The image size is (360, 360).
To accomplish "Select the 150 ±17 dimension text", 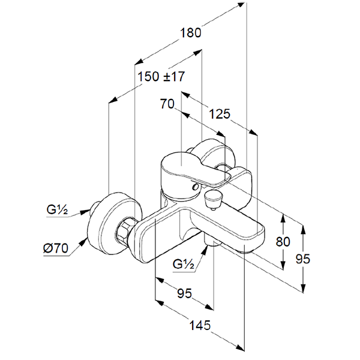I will click(x=161, y=77).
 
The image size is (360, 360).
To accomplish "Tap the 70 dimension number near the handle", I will click(x=167, y=104).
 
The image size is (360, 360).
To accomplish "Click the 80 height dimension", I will click(x=283, y=242).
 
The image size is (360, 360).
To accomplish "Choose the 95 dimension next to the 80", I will click(x=305, y=259).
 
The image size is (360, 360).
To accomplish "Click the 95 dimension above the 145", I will click(x=184, y=293).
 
